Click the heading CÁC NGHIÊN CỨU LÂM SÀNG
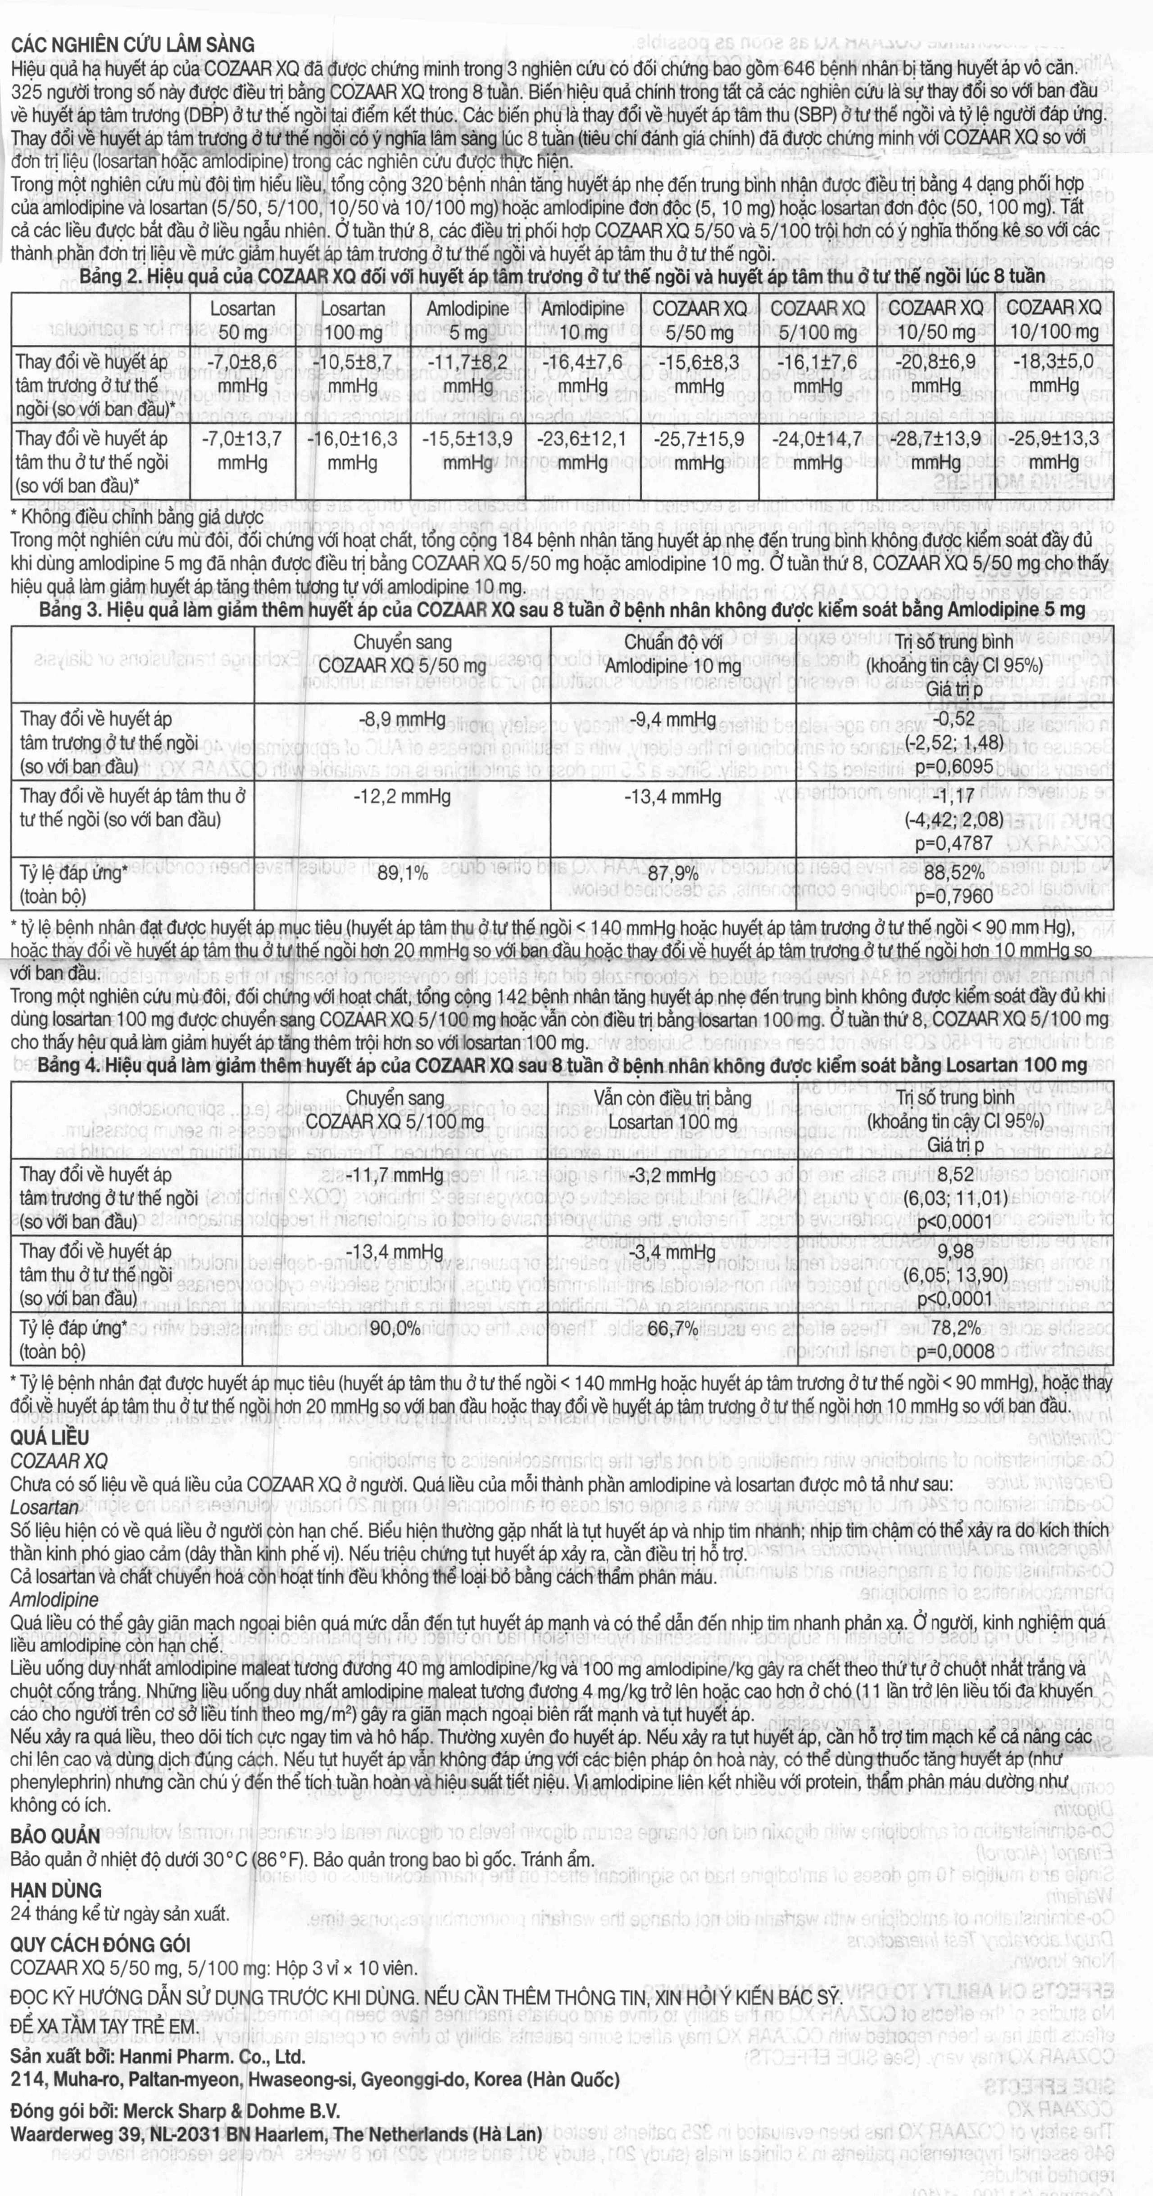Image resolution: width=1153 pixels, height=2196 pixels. (x=132, y=45)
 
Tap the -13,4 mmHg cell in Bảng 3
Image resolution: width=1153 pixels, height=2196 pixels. (x=673, y=797)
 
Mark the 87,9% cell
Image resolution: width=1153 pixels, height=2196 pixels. (x=673, y=873)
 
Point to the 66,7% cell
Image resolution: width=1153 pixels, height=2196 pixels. (x=673, y=1328)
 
